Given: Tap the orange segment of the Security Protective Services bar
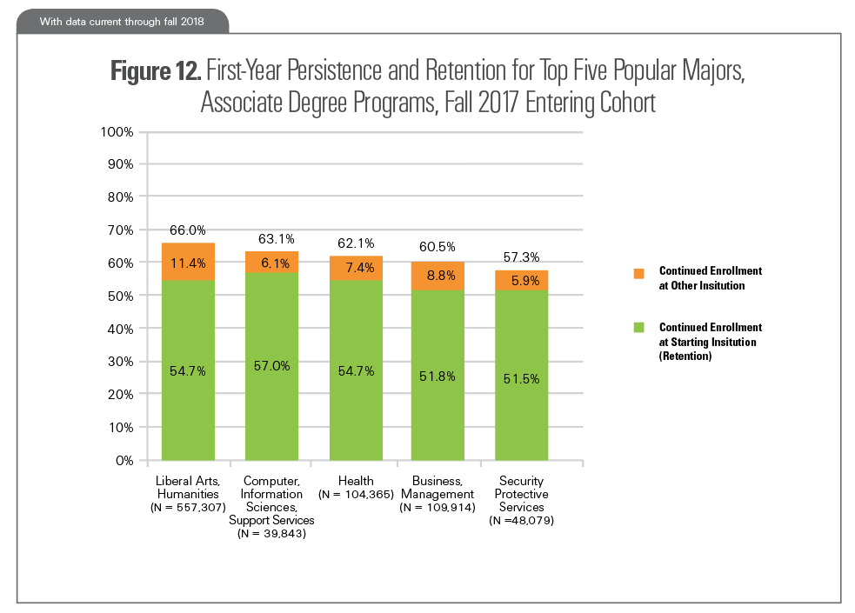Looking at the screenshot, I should pyautogui.click(x=521, y=280).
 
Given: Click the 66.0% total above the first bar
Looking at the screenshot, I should pyautogui.click(x=188, y=230).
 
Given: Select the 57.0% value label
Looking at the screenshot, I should pyautogui.click(x=271, y=366).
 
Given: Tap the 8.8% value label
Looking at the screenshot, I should pyautogui.click(x=438, y=275).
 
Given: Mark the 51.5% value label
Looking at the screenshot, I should pyautogui.click(x=521, y=378).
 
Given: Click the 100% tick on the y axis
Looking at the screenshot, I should pyautogui.click(x=116, y=132).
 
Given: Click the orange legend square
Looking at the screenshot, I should pyautogui.click(x=638, y=273).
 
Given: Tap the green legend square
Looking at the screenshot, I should pyautogui.click(x=638, y=327).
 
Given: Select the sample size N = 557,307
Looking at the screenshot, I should pyautogui.click(x=188, y=507).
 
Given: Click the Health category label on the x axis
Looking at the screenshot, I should pyautogui.click(x=355, y=481).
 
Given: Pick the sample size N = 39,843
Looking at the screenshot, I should pyautogui.click(x=271, y=532).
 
